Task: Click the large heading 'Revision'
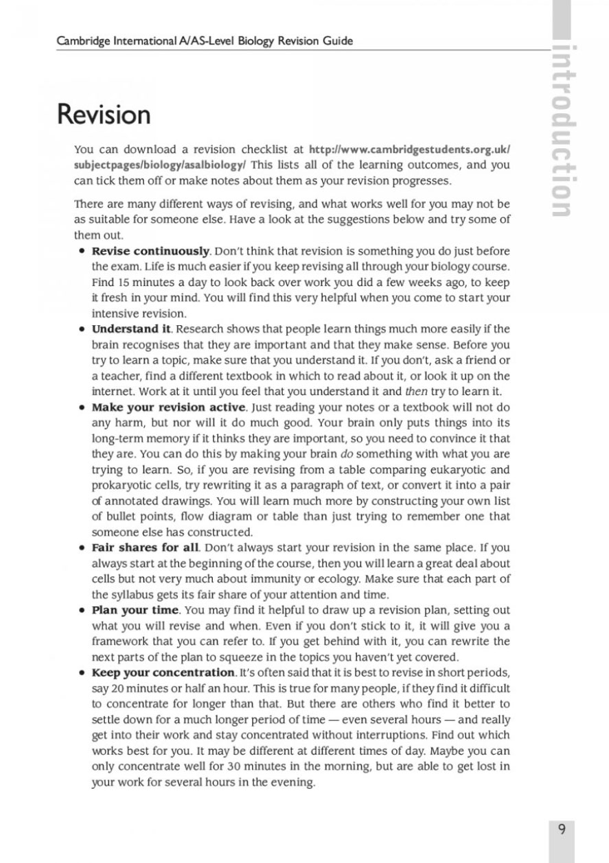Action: (x=104, y=114)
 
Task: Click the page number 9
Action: (x=562, y=830)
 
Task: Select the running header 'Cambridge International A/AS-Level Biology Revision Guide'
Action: (x=205, y=40)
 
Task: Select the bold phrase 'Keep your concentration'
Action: (x=163, y=672)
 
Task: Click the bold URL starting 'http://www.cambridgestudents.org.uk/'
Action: (x=410, y=149)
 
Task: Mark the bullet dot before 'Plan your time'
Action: (x=82, y=610)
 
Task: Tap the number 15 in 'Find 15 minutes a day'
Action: (x=120, y=281)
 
